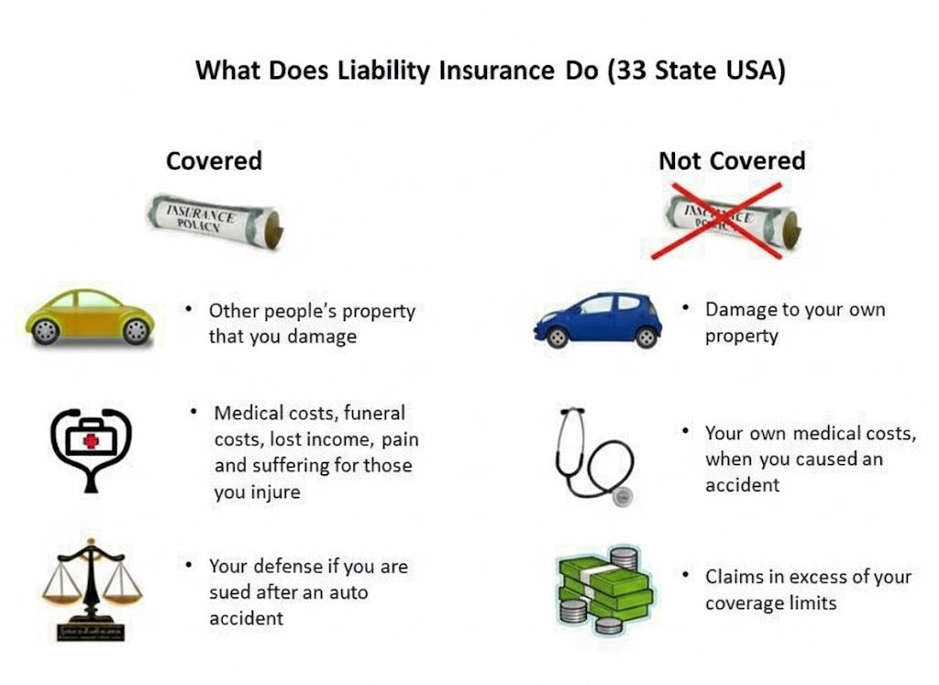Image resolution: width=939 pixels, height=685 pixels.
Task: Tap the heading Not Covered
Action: tap(732, 160)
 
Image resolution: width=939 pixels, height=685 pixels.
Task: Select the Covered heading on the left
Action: tap(214, 160)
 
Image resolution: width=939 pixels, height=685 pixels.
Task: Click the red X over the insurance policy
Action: tap(717, 221)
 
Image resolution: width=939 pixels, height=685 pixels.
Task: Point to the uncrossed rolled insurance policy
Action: tap(215, 220)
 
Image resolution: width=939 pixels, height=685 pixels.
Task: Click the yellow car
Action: tap(90, 317)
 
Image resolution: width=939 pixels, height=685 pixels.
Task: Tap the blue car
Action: tap(598, 320)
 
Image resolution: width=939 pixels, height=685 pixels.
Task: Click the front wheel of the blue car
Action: tap(558, 337)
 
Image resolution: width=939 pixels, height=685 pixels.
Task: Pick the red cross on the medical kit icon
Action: tap(90, 441)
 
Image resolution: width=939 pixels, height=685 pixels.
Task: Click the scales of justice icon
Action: tap(91, 590)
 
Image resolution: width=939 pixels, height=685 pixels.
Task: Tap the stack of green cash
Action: tap(605, 590)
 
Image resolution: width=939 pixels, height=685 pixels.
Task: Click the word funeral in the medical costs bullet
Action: tap(374, 413)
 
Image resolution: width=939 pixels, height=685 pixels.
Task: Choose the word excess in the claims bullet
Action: tap(817, 577)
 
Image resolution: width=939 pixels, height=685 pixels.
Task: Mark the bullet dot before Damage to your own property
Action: tap(686, 308)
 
